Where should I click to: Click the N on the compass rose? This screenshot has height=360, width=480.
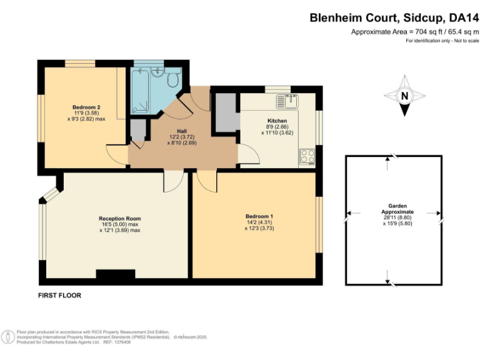pos(405,96)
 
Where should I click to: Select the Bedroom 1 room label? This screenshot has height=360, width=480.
pos(259,216)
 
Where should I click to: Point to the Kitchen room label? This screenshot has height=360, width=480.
pos(277,121)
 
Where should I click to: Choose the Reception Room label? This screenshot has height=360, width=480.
pos(119,218)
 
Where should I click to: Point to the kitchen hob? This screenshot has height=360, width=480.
pos(307,156)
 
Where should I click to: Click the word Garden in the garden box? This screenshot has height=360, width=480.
pos(393,205)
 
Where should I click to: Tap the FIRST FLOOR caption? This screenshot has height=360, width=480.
pos(60,295)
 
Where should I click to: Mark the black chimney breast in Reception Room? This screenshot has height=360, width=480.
pos(114,274)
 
